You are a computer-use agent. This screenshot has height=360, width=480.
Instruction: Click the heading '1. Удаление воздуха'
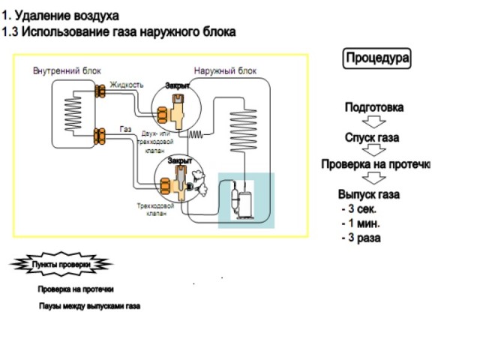[60, 16]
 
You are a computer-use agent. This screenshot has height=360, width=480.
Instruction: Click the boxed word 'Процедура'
[377, 58]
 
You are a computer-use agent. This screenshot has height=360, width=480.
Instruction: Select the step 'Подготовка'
[373, 107]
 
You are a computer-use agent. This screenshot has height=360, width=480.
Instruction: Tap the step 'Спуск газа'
[372, 138]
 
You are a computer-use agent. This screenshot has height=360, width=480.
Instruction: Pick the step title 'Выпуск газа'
[368, 195]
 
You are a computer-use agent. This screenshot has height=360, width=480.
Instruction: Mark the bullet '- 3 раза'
[361, 238]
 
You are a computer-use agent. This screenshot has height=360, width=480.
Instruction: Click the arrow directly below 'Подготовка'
[373, 122]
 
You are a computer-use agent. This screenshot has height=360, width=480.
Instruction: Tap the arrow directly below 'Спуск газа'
[373, 151]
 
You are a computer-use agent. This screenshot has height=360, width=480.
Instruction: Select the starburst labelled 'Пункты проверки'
[61, 265]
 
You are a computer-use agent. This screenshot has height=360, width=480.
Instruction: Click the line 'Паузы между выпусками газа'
[90, 307]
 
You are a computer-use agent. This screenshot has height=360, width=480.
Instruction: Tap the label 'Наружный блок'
[225, 71]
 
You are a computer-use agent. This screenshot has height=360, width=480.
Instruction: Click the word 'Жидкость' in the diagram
[126, 85]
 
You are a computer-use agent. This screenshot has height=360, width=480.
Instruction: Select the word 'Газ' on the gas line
[126, 130]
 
